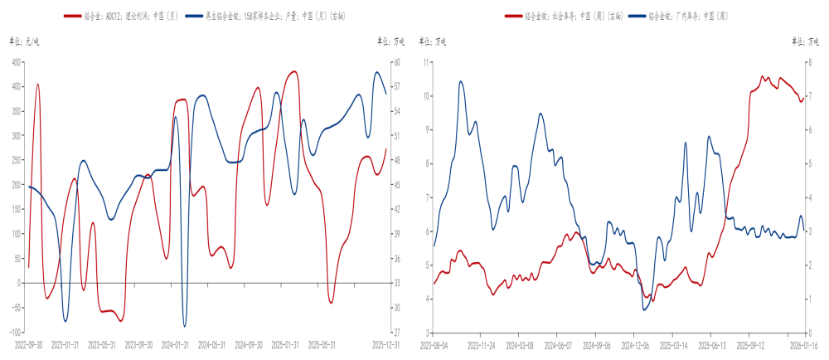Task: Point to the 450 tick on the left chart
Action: [x=16, y=62]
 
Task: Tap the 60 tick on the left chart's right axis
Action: [x=397, y=62]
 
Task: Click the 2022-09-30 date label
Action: [x=30, y=343]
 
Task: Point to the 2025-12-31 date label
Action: [x=386, y=343]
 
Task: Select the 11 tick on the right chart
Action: [x=426, y=62]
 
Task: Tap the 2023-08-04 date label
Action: [x=434, y=343]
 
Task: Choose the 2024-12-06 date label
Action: [x=635, y=343]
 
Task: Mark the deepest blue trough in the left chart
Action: [x=184, y=326]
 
